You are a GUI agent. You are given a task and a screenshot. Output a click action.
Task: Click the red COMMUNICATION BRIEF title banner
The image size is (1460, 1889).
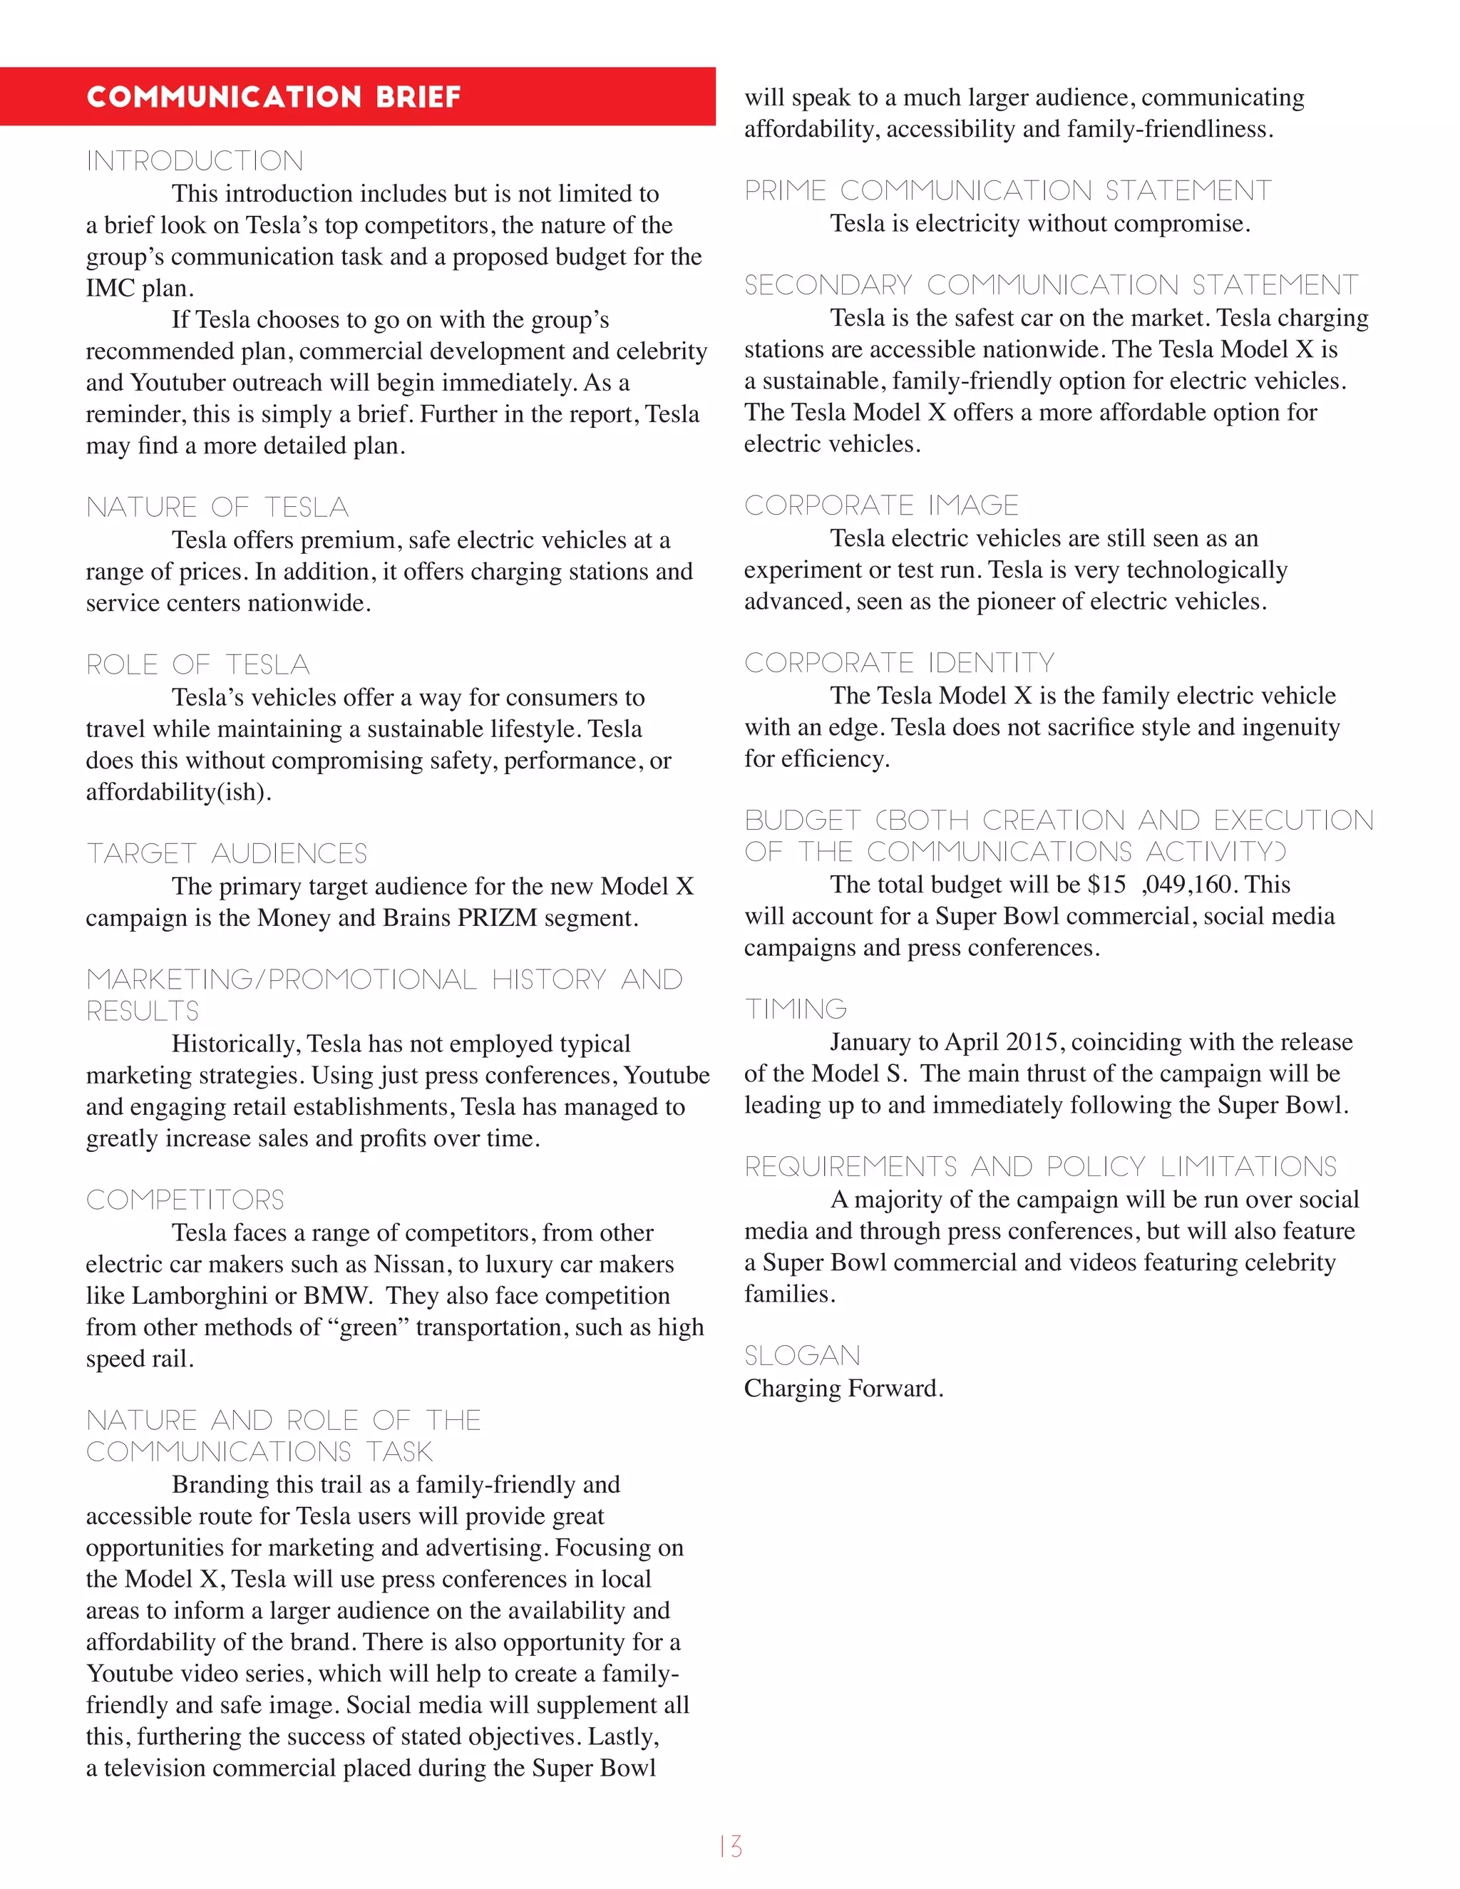(x=357, y=96)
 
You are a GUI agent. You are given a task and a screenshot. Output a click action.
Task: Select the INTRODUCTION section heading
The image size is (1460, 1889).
(x=195, y=161)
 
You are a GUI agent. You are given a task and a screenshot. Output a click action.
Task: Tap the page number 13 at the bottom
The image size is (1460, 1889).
(x=730, y=1847)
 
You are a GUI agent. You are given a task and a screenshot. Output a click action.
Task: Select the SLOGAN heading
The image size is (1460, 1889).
(x=802, y=1355)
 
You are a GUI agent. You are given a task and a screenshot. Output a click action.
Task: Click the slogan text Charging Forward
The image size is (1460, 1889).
(x=843, y=1388)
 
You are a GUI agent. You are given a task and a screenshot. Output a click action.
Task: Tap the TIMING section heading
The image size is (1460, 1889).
(x=796, y=1009)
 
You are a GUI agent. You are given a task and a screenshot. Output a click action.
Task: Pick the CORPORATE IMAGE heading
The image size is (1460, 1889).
(x=881, y=505)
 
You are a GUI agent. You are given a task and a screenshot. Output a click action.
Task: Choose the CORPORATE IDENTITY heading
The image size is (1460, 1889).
(x=900, y=662)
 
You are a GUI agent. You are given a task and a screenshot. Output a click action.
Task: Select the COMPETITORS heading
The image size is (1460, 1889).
(x=185, y=1200)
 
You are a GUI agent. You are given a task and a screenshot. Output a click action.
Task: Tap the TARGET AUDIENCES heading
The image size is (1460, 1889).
(x=227, y=854)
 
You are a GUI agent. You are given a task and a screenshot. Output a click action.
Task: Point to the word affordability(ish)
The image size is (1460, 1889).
(x=178, y=792)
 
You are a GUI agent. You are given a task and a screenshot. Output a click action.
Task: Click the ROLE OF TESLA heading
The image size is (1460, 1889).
(x=198, y=664)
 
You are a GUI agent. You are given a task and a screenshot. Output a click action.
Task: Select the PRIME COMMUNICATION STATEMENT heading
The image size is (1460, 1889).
(x=1007, y=190)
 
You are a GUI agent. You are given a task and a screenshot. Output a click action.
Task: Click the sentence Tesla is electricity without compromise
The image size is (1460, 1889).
(x=1039, y=224)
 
